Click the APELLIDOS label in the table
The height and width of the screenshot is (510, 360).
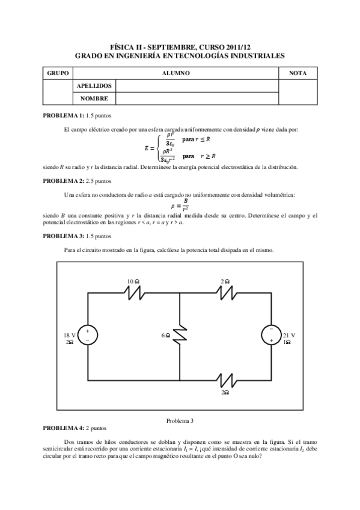click(x=94, y=85)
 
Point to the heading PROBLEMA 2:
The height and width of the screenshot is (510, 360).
click(x=66, y=180)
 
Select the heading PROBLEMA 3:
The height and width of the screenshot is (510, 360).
click(x=66, y=236)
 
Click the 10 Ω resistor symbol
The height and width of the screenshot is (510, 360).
click(x=133, y=292)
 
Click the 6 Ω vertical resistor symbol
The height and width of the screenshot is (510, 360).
click(x=180, y=336)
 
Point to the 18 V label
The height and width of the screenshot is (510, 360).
click(x=69, y=334)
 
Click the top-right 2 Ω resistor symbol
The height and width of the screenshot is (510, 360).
click(x=225, y=292)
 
